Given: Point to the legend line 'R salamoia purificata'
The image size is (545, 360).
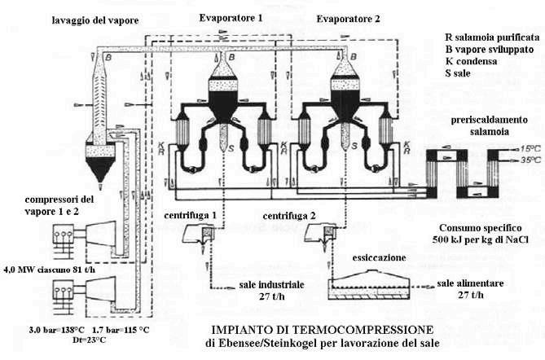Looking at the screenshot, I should click(491, 37).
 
